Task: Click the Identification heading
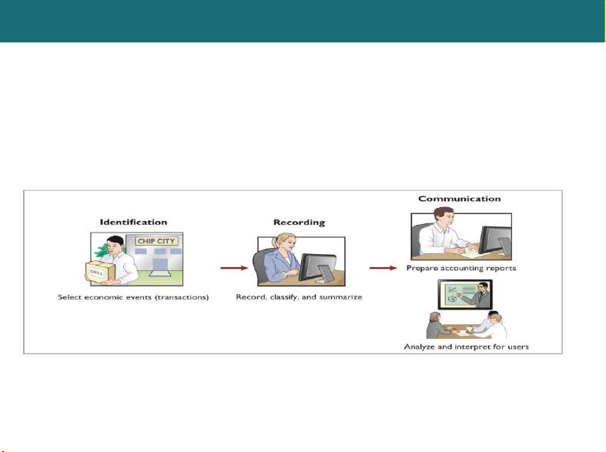(x=133, y=222)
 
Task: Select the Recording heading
(x=299, y=223)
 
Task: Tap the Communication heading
(x=460, y=199)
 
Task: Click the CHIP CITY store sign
(x=156, y=241)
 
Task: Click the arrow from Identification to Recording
(x=234, y=268)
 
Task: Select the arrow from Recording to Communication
(x=383, y=268)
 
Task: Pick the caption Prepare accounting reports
(x=461, y=268)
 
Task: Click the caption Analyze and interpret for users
(x=466, y=347)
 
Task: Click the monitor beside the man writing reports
(x=495, y=240)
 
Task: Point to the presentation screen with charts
(x=465, y=294)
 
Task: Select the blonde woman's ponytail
(x=275, y=243)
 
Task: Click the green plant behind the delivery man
(x=102, y=251)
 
